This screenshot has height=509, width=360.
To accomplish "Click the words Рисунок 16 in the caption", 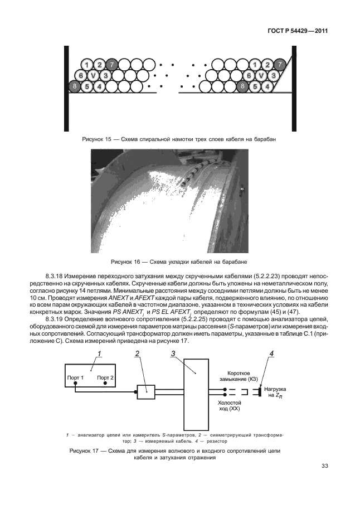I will point(128,261).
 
